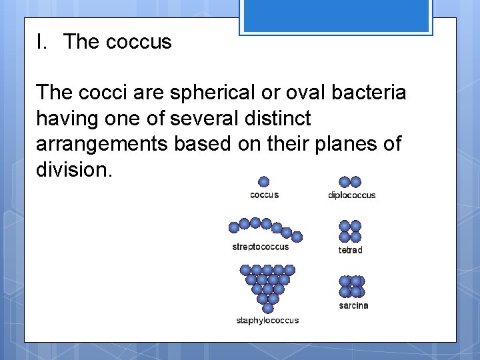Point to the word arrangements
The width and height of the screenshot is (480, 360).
pyautogui.click(x=102, y=144)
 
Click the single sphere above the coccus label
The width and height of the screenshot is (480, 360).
pyautogui.click(x=264, y=182)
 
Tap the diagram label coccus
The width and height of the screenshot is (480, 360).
pyautogui.click(x=264, y=195)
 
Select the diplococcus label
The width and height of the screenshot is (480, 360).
pyautogui.click(x=351, y=195)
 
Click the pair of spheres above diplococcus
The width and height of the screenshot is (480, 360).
pyautogui.click(x=350, y=182)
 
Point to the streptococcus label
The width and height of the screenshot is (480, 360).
pyautogui.click(x=261, y=247)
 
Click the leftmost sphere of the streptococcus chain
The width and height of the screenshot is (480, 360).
pyautogui.click(x=234, y=227)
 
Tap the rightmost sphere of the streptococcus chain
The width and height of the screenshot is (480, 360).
pyautogui.click(x=297, y=237)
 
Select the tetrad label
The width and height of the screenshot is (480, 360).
pyautogui.click(x=350, y=251)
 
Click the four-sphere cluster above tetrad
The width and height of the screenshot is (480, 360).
pyautogui.click(x=350, y=231)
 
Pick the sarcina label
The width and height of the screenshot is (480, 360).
pyautogui.click(x=353, y=306)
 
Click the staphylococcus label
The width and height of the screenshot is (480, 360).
pyautogui.click(x=267, y=321)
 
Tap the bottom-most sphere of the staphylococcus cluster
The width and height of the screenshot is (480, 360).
pyautogui.click(x=268, y=308)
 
